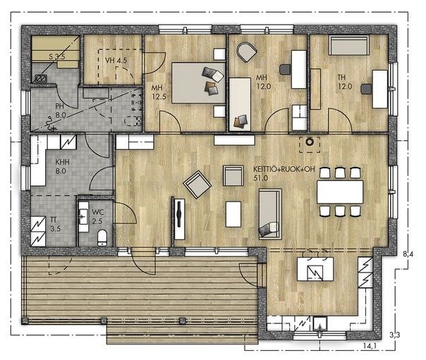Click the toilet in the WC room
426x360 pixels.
(102, 237)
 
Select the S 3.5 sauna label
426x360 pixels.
(57, 57)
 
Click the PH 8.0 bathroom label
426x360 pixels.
(61, 111)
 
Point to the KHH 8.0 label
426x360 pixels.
(62, 166)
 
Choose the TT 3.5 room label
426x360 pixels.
(56, 224)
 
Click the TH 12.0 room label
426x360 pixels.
(345, 82)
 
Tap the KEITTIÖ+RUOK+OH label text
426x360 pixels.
(284, 169)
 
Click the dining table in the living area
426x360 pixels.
(340, 192)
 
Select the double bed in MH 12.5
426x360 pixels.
(199, 82)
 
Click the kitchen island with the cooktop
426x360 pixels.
(315, 269)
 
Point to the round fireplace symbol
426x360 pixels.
(309, 142)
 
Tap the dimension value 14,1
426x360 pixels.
(370, 346)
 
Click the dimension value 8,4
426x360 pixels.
(408, 254)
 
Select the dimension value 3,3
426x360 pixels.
(395, 335)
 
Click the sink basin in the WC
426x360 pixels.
(83, 217)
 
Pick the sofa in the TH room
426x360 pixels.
(349, 45)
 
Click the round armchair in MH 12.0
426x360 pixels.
(247, 52)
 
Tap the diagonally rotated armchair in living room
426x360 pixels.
(197, 185)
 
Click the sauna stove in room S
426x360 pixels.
(41, 79)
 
